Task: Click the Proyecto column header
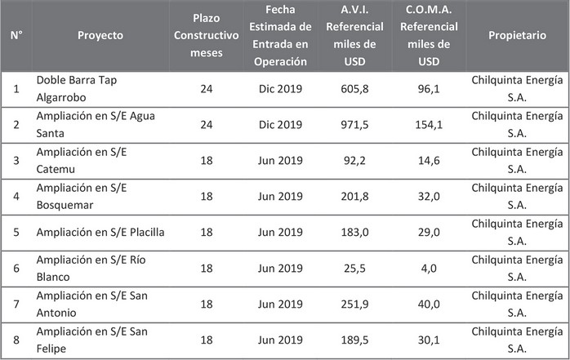[x=100, y=36]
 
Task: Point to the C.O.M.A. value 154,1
[x=430, y=124]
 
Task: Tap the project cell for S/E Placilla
[x=100, y=232]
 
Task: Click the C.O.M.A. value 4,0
[x=430, y=268]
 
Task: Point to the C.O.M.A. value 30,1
[x=430, y=340]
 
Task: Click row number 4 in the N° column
[x=16, y=196]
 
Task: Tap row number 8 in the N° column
[x=16, y=340]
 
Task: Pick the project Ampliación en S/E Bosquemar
[x=79, y=196]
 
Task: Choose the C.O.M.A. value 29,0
[x=430, y=232]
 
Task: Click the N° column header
[x=16, y=36]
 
